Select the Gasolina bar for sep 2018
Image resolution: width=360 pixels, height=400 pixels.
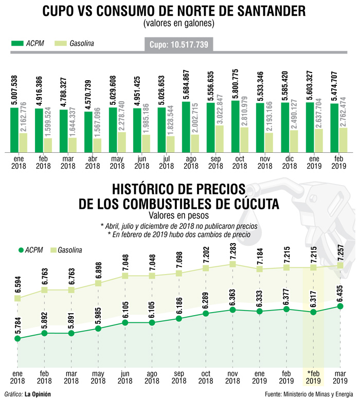coord(220,139)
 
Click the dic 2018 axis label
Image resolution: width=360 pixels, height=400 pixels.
coord(290,162)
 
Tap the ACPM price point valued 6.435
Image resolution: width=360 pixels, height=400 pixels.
coord(339,306)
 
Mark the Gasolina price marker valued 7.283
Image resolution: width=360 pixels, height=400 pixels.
coord(232,264)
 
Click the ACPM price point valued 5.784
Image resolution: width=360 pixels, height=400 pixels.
coord(17,339)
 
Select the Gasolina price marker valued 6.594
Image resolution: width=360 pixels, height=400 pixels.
coord(17,298)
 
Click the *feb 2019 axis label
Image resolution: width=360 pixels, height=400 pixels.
coord(312,377)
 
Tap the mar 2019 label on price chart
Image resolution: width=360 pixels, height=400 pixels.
coord(339,377)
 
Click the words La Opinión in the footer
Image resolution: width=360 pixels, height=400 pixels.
coord(38,394)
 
